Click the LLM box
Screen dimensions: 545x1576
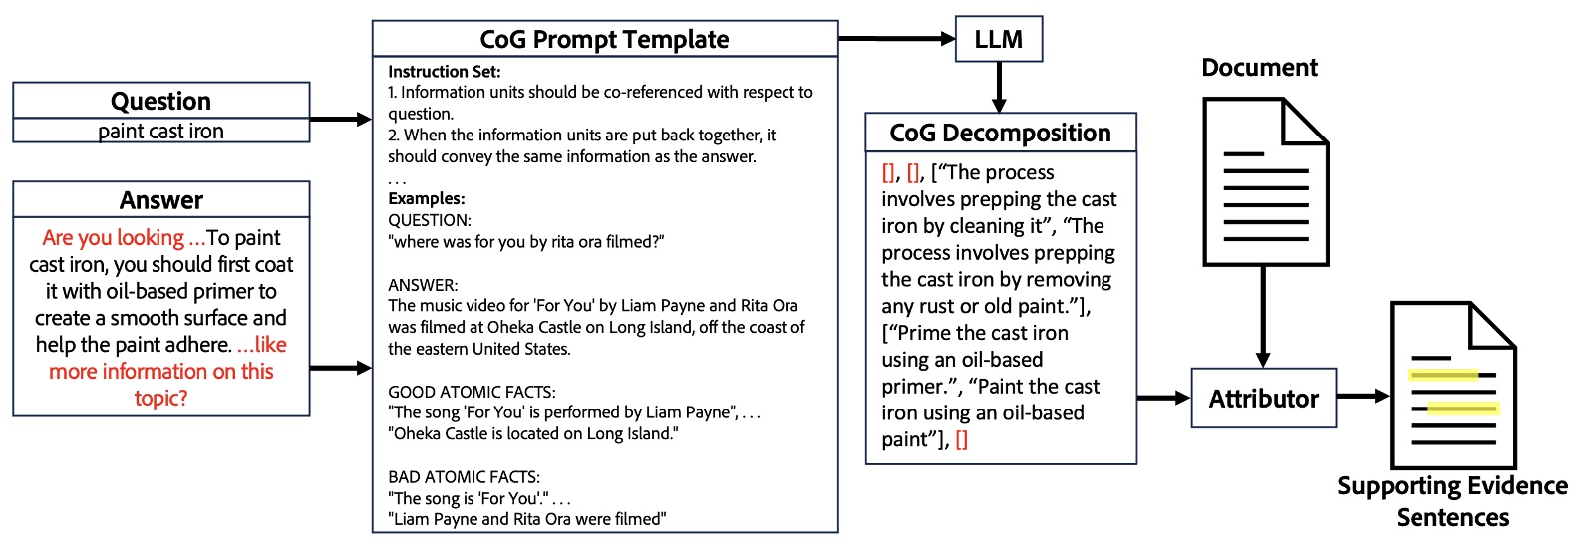click(998, 40)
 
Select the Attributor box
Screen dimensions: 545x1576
click(1263, 399)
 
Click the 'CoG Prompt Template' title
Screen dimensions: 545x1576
click(604, 40)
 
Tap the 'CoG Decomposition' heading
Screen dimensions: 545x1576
click(1000, 134)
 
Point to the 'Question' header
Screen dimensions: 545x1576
click(160, 101)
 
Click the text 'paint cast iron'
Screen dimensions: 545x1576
click(160, 132)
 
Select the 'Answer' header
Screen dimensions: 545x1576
click(160, 200)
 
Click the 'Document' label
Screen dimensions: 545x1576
click(1259, 68)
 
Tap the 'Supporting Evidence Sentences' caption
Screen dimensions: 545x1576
click(1451, 501)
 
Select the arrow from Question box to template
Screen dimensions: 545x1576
click(341, 120)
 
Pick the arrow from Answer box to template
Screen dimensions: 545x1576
click(341, 369)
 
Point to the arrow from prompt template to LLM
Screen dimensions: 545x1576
click(896, 39)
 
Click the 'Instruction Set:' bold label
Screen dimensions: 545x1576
click(445, 72)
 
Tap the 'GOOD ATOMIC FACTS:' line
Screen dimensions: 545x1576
click(472, 392)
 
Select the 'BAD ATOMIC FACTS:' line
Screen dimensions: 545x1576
click(464, 477)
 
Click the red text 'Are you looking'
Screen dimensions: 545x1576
click(113, 238)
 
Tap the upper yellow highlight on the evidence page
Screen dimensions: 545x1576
click(1443, 376)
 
